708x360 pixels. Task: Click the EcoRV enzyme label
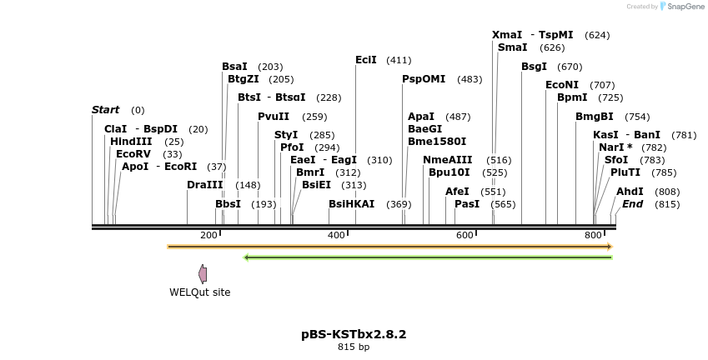coord(133,154)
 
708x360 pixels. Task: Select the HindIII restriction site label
coord(131,142)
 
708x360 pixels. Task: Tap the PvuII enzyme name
coord(274,117)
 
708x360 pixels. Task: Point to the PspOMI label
coord(424,79)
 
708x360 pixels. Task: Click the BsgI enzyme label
coord(535,67)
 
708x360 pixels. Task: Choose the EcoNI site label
coord(562,85)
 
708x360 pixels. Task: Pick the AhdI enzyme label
coord(630,192)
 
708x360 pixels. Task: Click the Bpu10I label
coord(449,172)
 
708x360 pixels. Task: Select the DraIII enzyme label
coord(205,185)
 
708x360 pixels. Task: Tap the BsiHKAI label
coord(351,204)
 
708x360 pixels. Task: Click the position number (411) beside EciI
coord(399,60)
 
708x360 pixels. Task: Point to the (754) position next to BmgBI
coord(637,117)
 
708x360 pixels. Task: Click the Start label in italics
coord(106,110)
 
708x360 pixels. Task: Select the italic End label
coord(633,204)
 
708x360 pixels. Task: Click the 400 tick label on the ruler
coord(337,236)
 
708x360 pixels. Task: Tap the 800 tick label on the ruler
coord(593,236)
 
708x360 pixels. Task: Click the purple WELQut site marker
coord(203,274)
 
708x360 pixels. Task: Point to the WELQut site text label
coord(200,292)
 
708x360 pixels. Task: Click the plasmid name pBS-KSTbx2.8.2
coord(354,334)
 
